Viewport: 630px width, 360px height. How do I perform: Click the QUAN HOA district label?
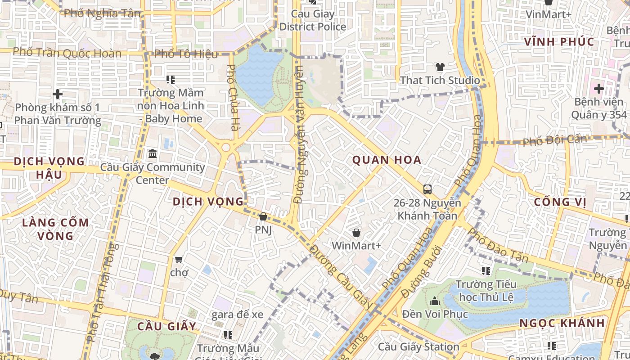coord(387,160)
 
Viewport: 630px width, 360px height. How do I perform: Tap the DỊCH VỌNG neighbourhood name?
coord(208,202)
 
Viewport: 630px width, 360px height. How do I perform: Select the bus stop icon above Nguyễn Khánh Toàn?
coord(427,189)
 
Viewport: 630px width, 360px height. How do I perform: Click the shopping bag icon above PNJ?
coord(263,217)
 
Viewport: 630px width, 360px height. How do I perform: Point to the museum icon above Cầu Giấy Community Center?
coord(152,154)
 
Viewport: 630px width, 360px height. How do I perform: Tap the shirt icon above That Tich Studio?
coord(440,67)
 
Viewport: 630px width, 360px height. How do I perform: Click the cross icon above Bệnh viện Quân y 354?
coord(598,89)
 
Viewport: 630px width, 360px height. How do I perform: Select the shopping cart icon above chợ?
coord(179,259)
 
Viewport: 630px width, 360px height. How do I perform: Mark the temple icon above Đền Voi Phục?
coord(435,301)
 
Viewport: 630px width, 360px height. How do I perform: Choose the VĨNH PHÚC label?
coord(559,42)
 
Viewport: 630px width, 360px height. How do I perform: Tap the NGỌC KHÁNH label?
coord(562,323)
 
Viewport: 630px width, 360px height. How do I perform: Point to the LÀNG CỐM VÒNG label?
coord(56,229)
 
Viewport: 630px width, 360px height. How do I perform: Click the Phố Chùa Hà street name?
coord(232,98)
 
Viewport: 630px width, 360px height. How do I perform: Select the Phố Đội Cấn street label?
coord(555,140)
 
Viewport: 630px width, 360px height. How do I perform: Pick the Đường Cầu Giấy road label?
coord(342,277)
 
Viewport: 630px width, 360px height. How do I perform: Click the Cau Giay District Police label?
coord(313,20)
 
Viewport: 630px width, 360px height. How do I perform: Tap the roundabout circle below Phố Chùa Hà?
coord(226,147)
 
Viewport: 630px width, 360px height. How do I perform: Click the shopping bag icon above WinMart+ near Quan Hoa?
coord(356,233)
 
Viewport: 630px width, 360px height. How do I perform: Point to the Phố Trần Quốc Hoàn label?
coord(67,53)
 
